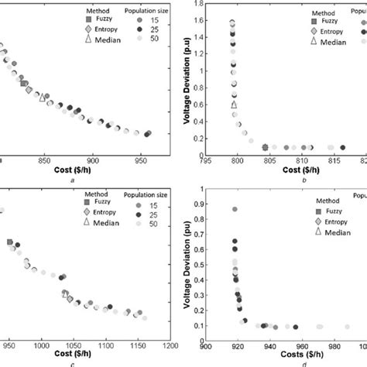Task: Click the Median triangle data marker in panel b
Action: coord(234,104)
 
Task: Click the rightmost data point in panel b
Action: coord(343,147)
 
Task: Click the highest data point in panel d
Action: coord(235,209)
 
